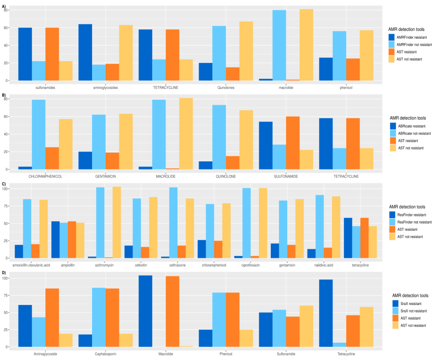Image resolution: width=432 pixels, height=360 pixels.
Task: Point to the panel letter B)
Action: pos(4,95)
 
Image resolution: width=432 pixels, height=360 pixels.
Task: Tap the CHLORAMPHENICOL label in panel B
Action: pos(45,176)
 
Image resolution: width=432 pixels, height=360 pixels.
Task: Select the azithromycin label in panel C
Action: pos(104,265)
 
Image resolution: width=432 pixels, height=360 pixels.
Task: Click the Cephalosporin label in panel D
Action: pos(106,353)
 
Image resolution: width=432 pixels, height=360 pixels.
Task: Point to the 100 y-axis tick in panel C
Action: pos(6,189)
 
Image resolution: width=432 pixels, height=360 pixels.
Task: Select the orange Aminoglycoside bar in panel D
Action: pos(52,317)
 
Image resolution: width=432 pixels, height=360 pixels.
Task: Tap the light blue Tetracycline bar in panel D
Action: pos(339,345)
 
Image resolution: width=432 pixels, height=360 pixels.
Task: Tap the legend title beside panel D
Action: pos(410,296)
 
